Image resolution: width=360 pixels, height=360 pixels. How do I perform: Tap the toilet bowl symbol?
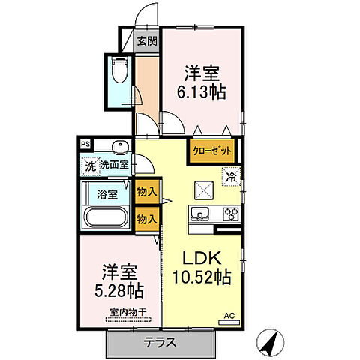coord(118,72)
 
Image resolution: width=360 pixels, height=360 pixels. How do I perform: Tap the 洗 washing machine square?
coord(89,165)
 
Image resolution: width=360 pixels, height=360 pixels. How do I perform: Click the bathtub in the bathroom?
coord(106,218)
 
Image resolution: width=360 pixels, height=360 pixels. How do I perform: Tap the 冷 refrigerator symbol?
coord(232,178)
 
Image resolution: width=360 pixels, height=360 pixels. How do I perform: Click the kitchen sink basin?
coord(199,214)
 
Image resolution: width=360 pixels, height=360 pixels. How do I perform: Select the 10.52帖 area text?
coord(201,276)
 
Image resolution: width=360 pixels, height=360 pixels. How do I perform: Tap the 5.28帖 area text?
coord(119,289)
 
